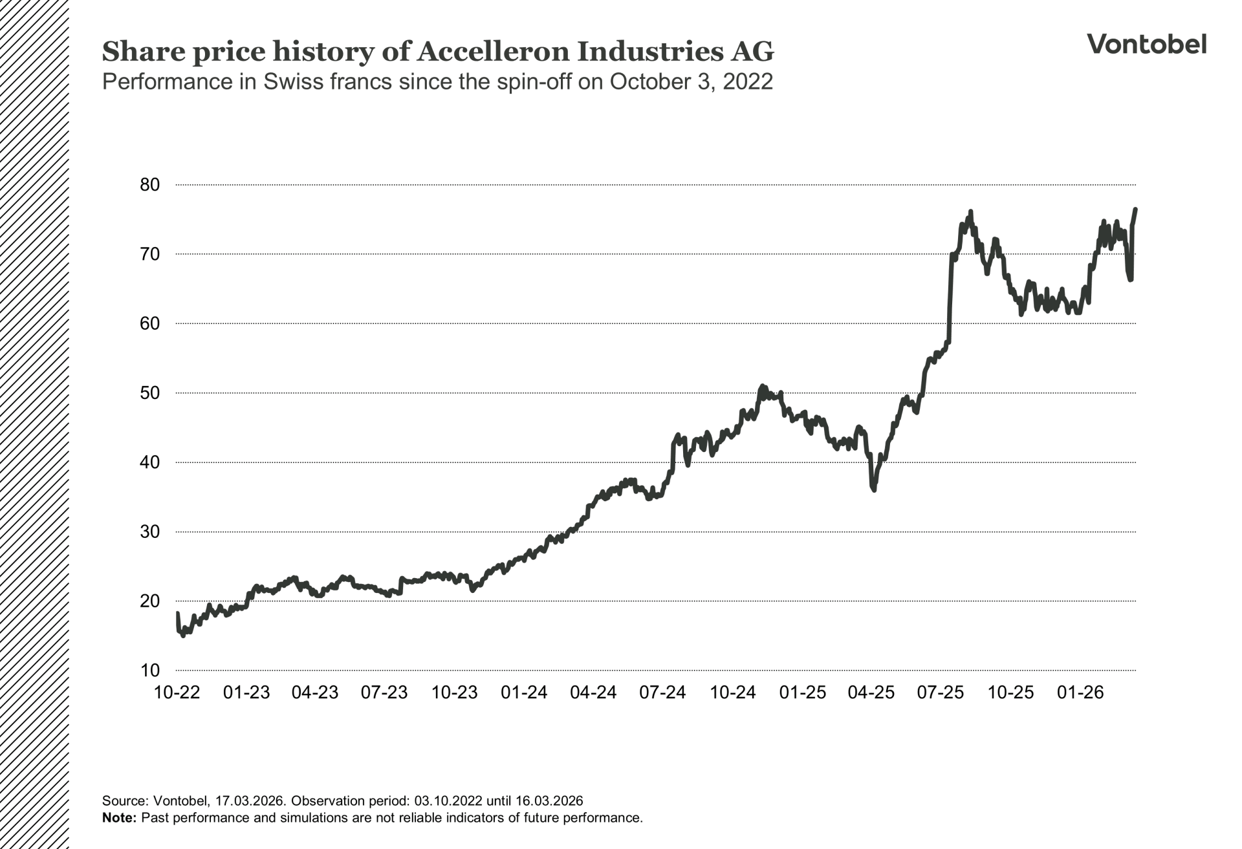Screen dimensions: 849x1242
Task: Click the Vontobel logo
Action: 1146,44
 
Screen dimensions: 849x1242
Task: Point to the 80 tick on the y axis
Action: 149,185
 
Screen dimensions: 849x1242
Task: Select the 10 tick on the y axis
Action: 149,671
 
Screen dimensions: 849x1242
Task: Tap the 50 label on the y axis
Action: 149,393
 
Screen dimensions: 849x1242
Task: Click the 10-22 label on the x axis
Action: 177,693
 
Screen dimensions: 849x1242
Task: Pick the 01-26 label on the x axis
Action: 1080,693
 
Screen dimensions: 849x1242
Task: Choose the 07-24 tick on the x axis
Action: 662,693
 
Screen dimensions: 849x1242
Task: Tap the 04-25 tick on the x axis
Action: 871,693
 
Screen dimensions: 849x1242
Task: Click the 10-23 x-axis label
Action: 454,693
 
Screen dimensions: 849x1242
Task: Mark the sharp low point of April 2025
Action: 874,490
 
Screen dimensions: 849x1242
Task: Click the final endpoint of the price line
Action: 1135,210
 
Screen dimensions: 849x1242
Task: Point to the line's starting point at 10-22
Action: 177,613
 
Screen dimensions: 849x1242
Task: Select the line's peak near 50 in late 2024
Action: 762,386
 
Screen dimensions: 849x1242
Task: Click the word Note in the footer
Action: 119,817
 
